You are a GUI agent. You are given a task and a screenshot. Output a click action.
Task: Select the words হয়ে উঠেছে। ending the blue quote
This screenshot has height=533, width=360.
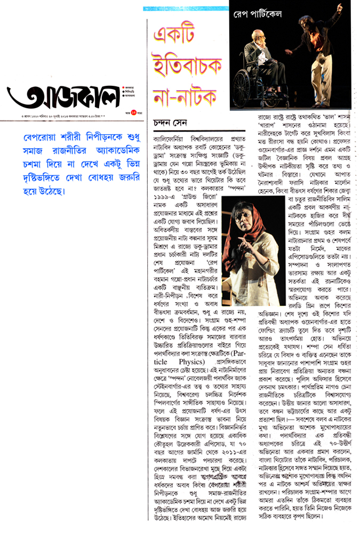pos(31,190)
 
